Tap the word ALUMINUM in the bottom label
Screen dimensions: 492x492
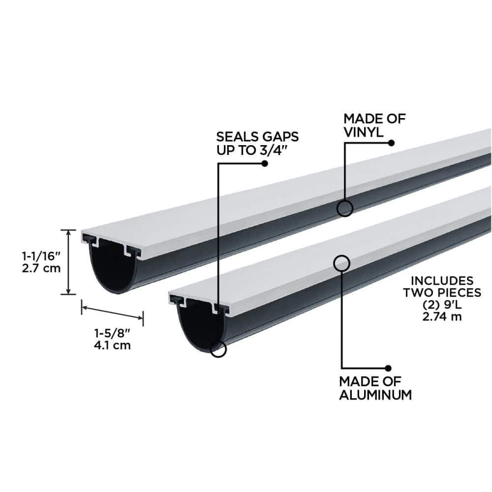click(x=375, y=395)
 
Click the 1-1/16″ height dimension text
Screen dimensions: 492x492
click(x=41, y=256)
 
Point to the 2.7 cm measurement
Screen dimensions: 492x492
click(x=41, y=268)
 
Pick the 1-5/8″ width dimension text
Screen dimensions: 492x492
click(x=112, y=333)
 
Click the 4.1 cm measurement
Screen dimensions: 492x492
click(x=112, y=345)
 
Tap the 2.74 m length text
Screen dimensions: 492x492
click(x=442, y=316)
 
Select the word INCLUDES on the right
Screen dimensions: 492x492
click(x=442, y=280)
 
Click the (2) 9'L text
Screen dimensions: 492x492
click(x=442, y=305)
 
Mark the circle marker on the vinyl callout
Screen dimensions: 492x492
click(x=345, y=208)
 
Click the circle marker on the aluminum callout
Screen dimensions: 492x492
click(x=341, y=263)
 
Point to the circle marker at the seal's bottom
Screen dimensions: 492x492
click(x=218, y=348)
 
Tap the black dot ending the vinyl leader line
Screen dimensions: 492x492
click(x=392, y=143)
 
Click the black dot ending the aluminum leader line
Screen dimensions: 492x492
click(x=388, y=368)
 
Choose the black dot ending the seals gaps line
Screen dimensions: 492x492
click(x=265, y=163)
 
